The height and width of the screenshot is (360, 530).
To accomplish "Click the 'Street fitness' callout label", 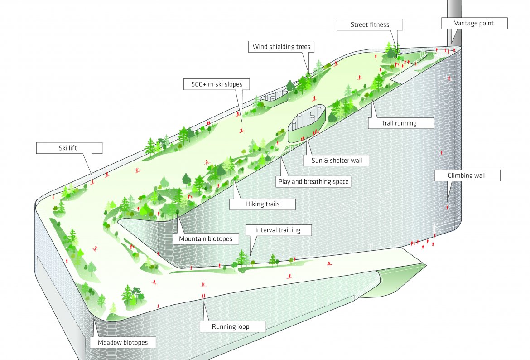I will point(370,24).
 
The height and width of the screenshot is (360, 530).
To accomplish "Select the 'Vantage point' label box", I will point(474,23).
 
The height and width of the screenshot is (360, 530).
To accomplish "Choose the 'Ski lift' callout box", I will point(70,147).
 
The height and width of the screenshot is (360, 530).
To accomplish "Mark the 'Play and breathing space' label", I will point(313,182).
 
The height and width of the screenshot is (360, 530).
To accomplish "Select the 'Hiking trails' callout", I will point(263,204).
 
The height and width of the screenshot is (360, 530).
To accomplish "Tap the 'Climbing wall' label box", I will point(467,175).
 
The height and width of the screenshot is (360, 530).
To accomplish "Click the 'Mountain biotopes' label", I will point(205,238).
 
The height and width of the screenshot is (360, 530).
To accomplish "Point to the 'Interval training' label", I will point(278,230).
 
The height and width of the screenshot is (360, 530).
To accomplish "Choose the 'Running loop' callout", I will point(231,326).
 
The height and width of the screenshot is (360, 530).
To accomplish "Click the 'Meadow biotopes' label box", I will point(122,342).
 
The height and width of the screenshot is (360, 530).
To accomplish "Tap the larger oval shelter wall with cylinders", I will point(306,122).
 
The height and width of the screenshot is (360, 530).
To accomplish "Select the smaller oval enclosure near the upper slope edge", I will point(274,99).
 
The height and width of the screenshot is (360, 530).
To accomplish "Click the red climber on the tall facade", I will point(447,207).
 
